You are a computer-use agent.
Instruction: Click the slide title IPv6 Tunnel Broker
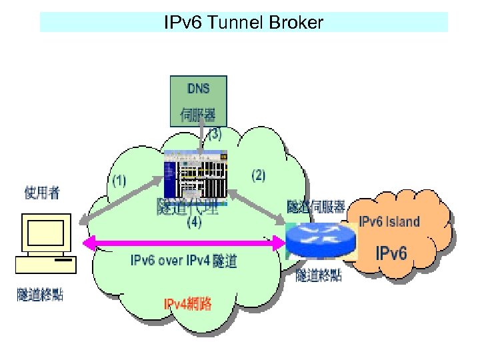[243, 23]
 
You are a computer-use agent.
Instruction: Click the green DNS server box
[198, 100]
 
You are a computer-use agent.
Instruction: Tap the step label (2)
[258, 175]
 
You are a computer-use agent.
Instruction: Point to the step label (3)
[215, 134]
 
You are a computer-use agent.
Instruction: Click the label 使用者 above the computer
[41, 193]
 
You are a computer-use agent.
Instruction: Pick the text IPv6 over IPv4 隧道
[183, 261]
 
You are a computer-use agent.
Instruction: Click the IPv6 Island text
[389, 221]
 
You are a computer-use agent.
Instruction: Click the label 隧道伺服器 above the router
[316, 206]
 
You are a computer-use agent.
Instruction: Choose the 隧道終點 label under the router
[319, 275]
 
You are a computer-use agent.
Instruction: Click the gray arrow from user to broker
[120, 201]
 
